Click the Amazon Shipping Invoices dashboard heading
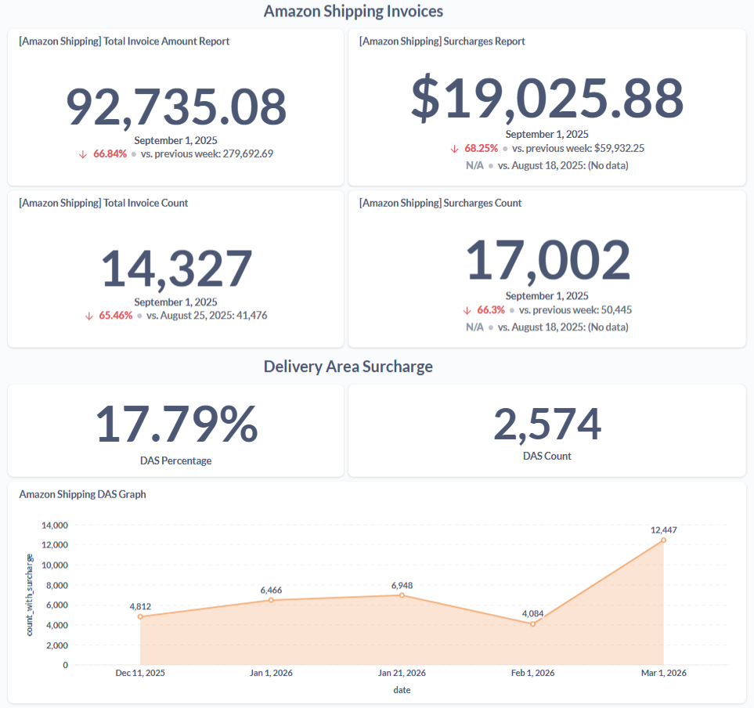tap(353, 11)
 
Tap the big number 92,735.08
tap(176, 107)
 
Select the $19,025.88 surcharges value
tap(547, 99)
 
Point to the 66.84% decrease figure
tap(110, 154)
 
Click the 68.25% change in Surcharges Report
tap(481, 148)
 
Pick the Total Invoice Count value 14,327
tap(176, 269)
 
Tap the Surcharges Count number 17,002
tap(547, 261)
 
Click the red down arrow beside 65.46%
tap(89, 316)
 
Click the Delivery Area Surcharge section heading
tap(348, 367)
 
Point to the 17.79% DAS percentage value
tap(176, 424)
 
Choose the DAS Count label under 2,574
tap(547, 456)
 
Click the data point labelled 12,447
tap(663, 540)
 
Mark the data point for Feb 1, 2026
tap(532, 623)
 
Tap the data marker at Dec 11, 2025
tap(140, 616)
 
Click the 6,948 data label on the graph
tap(402, 585)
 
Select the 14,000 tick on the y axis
tap(55, 525)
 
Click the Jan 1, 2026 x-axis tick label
tap(271, 673)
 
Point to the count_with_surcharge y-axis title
tap(31, 594)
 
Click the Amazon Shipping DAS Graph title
tap(82, 494)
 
